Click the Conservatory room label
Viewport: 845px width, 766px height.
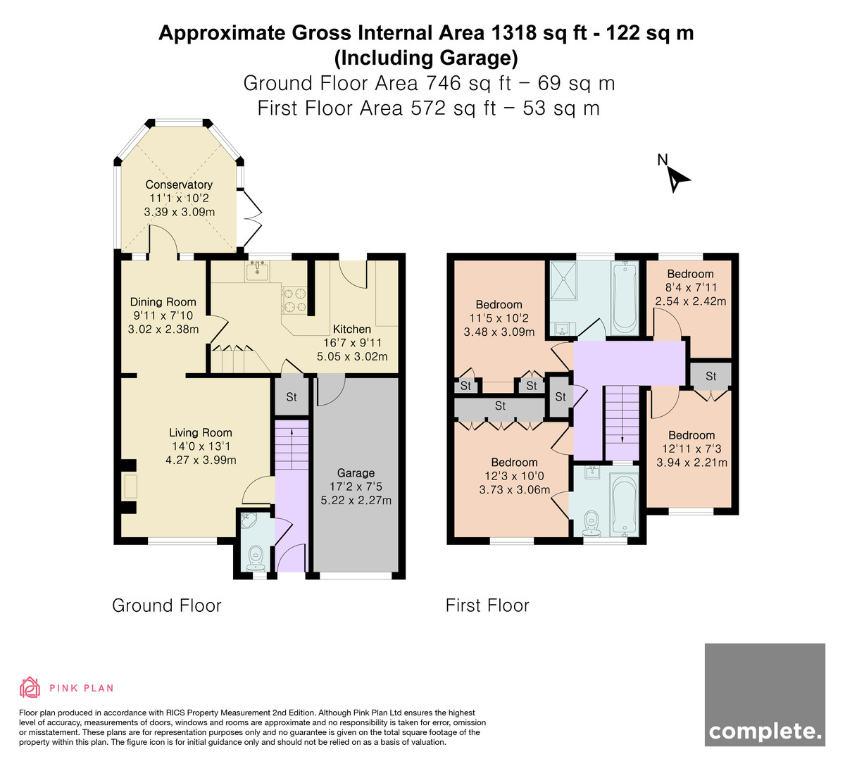tap(179, 184)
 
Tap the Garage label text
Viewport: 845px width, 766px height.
tap(356, 472)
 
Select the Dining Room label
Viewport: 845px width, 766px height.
tap(163, 301)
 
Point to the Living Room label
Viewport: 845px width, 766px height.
tap(201, 432)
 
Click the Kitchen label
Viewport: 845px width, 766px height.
tap(352, 329)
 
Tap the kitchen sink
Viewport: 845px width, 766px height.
tap(256, 271)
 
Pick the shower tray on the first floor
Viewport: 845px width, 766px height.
tap(563, 281)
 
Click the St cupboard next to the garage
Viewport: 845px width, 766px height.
tap(292, 396)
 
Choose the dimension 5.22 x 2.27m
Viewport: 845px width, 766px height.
tap(356, 500)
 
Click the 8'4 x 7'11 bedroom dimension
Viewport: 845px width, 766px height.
tap(690, 288)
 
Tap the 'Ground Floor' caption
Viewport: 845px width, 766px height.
tap(166, 605)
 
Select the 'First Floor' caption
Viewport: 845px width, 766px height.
tap(487, 605)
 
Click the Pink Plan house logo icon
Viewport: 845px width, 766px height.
tap(30, 687)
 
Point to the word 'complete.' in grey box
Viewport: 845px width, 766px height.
tap(765, 732)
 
